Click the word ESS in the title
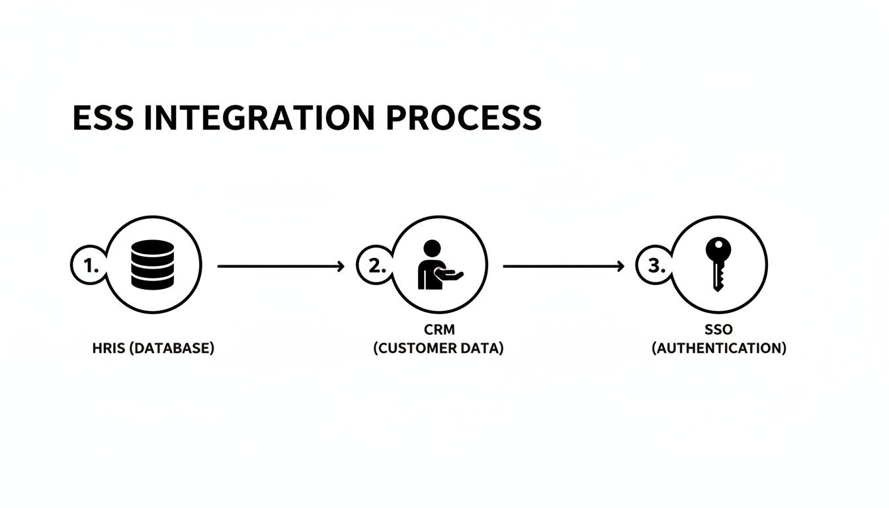pyautogui.click(x=101, y=118)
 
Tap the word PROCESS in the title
pyautogui.click(x=464, y=118)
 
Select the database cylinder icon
pyautogui.click(x=153, y=265)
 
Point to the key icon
pyautogui.click(x=718, y=264)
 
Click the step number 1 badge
pyautogui.click(x=86, y=266)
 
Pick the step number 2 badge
pyautogui.click(x=374, y=266)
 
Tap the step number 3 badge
pyautogui.click(x=654, y=266)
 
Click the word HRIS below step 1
pyautogui.click(x=107, y=349)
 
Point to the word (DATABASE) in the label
pyautogui.click(x=173, y=349)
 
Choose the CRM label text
pyautogui.click(x=439, y=329)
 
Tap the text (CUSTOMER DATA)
pyautogui.click(x=439, y=349)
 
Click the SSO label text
pyautogui.click(x=718, y=329)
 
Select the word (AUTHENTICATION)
pyautogui.click(x=719, y=349)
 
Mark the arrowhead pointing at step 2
pyautogui.click(x=341, y=266)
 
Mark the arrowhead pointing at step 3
pyautogui.click(x=620, y=266)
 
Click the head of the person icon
pyautogui.click(x=431, y=248)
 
